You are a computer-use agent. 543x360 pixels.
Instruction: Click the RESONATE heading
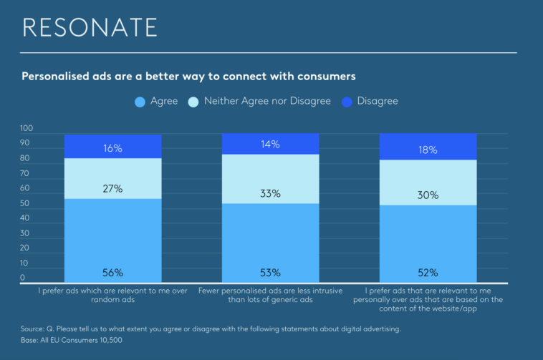90,27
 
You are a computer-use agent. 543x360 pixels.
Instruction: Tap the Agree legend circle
140,102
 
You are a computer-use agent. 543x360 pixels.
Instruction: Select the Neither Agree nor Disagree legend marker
193,102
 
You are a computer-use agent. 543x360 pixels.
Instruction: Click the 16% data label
112,149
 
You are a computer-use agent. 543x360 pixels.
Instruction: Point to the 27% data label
112,189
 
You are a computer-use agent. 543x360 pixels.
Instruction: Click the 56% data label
112,273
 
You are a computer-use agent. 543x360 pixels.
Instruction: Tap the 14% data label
270,145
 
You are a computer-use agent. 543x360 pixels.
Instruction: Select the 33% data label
270,193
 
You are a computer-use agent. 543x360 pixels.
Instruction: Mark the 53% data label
270,273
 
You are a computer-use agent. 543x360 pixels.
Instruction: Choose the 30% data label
428,195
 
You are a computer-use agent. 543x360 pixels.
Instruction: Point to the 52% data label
428,273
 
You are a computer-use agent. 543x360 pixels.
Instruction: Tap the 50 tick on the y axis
26,203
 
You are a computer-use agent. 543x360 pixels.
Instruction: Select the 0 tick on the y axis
23,278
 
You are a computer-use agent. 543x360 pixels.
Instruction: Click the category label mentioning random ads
112,296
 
